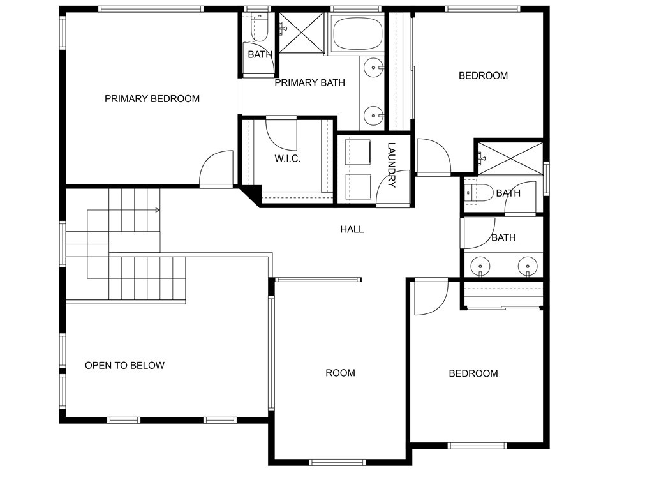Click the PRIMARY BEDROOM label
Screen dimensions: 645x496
pos(152,99)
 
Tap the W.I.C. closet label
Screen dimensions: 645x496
pos(288,158)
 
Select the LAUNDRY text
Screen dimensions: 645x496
pos(391,165)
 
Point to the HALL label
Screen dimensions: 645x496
pos(352,229)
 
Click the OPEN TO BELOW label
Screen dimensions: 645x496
pos(124,366)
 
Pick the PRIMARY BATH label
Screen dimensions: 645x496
pos(310,83)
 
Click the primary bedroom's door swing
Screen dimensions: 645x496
pos(216,169)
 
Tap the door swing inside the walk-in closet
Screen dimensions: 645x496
pos(281,134)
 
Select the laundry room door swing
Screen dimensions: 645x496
pos(393,188)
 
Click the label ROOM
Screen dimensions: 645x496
pos(340,373)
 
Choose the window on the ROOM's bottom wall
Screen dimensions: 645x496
pos(337,462)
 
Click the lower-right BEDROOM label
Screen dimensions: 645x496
pos(473,373)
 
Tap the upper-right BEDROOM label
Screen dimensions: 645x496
pos(483,76)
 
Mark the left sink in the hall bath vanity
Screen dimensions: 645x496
pos(480,266)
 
